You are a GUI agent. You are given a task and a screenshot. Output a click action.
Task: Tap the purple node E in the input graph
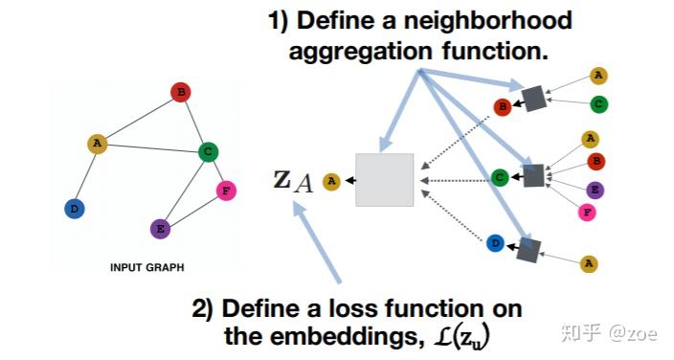pos(160,229)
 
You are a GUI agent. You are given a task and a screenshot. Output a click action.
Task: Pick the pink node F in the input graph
pos(227,191)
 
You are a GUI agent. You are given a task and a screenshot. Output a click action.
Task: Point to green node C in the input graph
pos(208,151)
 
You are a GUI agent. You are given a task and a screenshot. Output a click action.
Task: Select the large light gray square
pos(384,180)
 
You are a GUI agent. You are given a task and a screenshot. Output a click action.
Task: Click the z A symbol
pos(293,179)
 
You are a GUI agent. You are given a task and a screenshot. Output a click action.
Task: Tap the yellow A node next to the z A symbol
pos(331,179)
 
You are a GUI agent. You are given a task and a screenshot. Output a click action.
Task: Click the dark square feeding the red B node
pos(533,96)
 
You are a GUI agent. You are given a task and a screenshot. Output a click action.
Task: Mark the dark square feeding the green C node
pos(533,175)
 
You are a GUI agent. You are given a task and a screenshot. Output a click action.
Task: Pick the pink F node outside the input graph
pos(589,213)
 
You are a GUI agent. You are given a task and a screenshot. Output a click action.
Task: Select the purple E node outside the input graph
pos(595,190)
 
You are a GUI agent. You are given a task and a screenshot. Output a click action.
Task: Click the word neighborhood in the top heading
pos(487,20)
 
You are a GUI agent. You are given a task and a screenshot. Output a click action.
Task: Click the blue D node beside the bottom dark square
pos(493,242)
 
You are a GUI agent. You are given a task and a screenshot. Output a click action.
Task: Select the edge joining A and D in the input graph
pos(86,174)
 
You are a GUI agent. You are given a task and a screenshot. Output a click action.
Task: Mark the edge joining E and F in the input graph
pos(194,210)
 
